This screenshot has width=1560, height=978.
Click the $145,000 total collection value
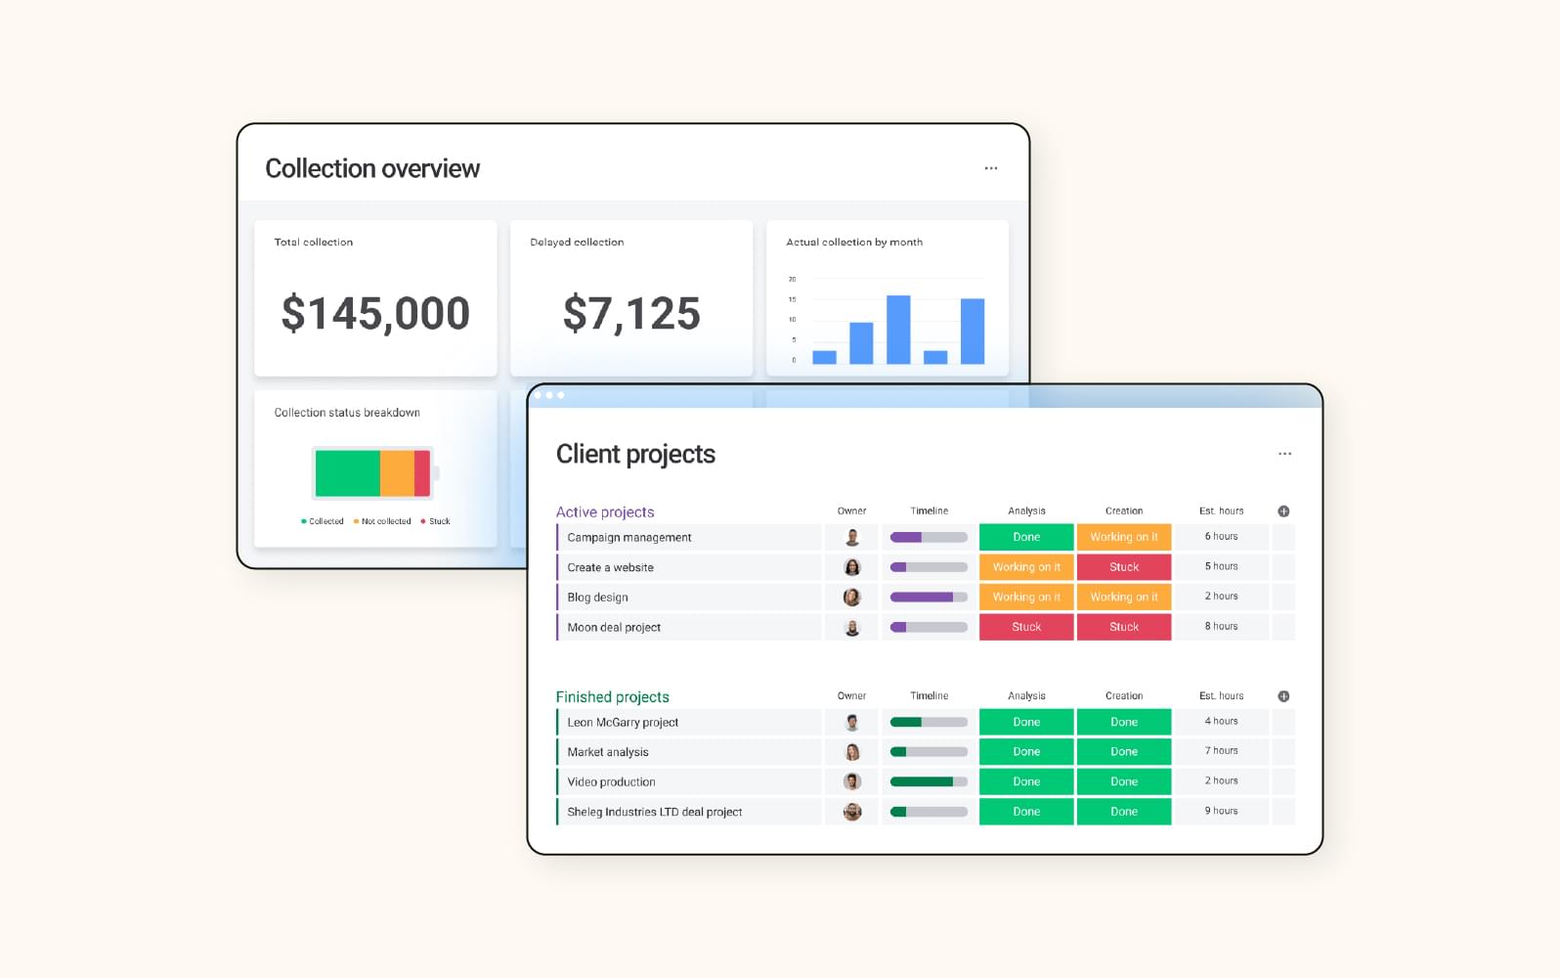click(375, 314)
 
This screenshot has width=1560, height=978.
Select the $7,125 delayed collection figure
click(631, 314)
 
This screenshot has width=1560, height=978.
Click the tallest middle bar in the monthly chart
click(898, 330)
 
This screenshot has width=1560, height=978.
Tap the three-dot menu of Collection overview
click(991, 168)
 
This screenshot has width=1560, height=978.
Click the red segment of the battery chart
click(422, 473)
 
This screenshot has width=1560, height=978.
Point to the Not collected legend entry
click(382, 521)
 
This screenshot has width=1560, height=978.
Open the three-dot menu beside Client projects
click(1284, 454)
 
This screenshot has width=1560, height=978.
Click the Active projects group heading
click(605, 511)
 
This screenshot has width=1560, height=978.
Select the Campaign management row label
click(629, 537)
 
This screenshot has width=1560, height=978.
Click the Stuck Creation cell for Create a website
click(1124, 567)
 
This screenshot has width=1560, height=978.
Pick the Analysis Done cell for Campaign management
click(1026, 537)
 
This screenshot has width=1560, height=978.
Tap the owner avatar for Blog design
click(852, 597)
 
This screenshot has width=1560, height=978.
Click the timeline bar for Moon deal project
click(929, 627)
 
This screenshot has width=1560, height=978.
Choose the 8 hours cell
click(1221, 626)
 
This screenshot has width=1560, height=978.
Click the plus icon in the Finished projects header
click(1283, 696)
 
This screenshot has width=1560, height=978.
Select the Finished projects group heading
click(612, 696)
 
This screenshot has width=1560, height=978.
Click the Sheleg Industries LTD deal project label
click(655, 812)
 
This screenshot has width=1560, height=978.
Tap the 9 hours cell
click(1221, 811)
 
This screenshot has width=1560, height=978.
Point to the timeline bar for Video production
click(929, 781)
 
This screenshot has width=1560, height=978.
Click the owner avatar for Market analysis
click(852, 752)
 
